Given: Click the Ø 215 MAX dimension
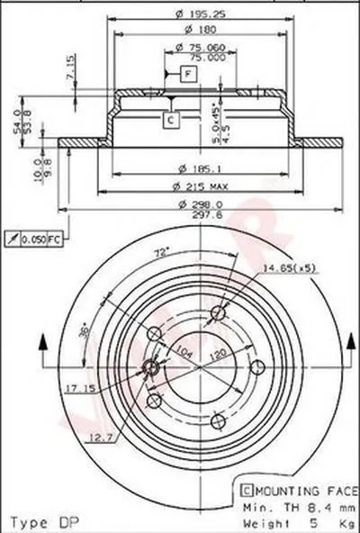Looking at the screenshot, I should coord(203,186).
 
